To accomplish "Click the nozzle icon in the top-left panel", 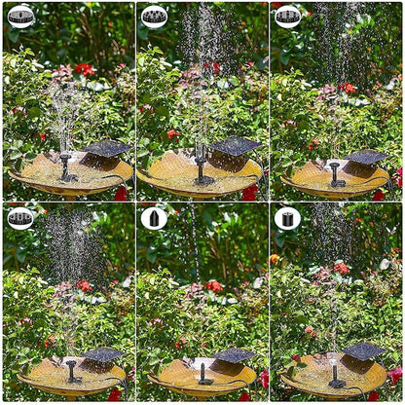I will (x=20, y=17).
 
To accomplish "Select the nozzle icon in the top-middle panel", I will (x=154, y=17).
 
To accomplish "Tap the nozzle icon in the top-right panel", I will (x=287, y=17).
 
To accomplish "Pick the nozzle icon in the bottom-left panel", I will (x=20, y=218).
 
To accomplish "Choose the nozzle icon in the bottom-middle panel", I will (x=154, y=218).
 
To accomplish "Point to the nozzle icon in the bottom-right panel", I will (x=287, y=218).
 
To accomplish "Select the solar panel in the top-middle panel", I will (x=237, y=147).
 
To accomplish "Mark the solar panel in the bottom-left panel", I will (x=102, y=355).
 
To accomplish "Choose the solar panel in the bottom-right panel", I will (x=363, y=351).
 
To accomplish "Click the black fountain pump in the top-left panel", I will (x=66, y=169).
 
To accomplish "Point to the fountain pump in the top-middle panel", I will (x=202, y=169).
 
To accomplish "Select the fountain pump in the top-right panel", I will (x=336, y=175).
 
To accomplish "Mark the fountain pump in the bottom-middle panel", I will (x=203, y=374).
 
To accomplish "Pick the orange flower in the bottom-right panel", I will (x=276, y=260).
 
